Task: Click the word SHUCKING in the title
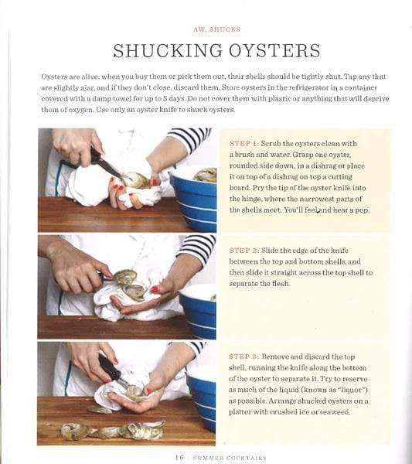[x=168, y=50]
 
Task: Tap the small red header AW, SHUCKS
[x=216, y=29]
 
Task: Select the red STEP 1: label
[x=244, y=144]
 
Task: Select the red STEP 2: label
[x=244, y=251]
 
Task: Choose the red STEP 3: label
[x=244, y=357]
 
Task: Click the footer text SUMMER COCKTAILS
[x=230, y=458]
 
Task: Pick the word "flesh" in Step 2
[x=281, y=284]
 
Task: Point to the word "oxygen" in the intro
[x=81, y=110]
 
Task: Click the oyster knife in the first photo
[x=106, y=164]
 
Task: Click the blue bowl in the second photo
[x=198, y=312]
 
